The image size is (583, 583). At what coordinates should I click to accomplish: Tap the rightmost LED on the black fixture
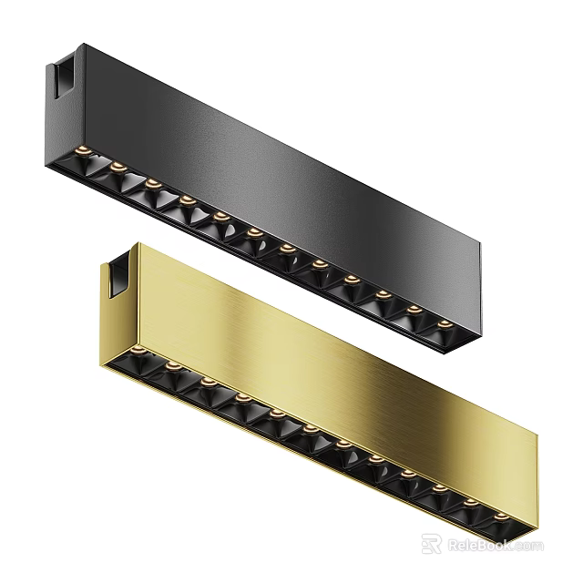(x=444, y=323)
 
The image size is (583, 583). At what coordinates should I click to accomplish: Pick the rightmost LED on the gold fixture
(x=501, y=517)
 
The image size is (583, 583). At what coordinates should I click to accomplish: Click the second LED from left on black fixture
(x=118, y=166)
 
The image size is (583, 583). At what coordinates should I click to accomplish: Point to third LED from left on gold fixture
(x=207, y=381)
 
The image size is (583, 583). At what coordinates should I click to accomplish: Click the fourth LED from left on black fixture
(x=185, y=197)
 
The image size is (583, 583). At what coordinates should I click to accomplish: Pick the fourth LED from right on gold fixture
(x=406, y=473)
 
